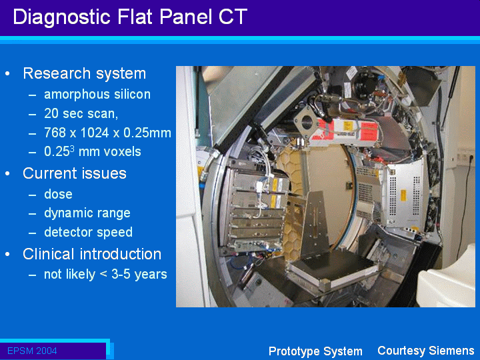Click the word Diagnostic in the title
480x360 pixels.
pos(61,17)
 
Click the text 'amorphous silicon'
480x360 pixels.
pos(97,95)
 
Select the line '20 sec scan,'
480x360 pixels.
pos(81,113)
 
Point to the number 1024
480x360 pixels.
pos(99,133)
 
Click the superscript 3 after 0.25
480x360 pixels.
pos(72,148)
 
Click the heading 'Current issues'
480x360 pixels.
pos(75,173)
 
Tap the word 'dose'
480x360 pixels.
pos(58,194)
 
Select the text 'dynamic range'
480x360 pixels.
pos(87,213)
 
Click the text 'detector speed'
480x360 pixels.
pos(88,232)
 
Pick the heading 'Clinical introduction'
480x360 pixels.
pos(92,254)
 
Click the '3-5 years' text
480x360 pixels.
pos(139,275)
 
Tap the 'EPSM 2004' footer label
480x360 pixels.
pos(32,351)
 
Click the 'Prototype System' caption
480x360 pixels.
pos(315,351)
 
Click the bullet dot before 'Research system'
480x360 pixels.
pos(7,74)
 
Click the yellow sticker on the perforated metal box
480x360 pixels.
pos(403,195)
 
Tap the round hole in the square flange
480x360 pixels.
pos(306,123)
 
